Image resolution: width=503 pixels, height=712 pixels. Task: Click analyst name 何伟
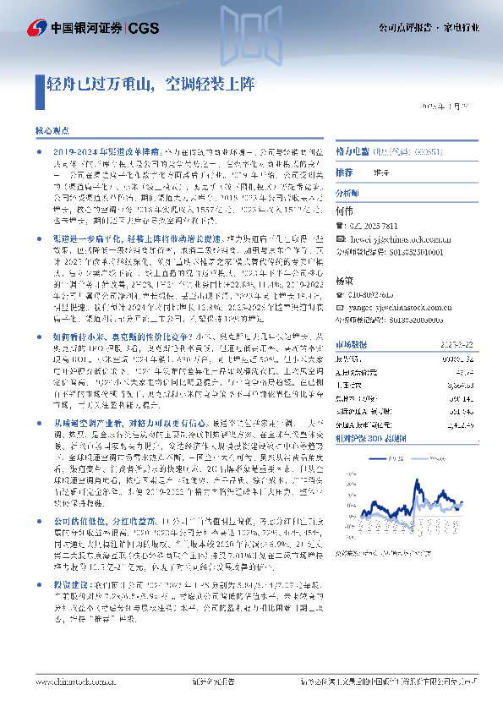pos(343,208)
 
